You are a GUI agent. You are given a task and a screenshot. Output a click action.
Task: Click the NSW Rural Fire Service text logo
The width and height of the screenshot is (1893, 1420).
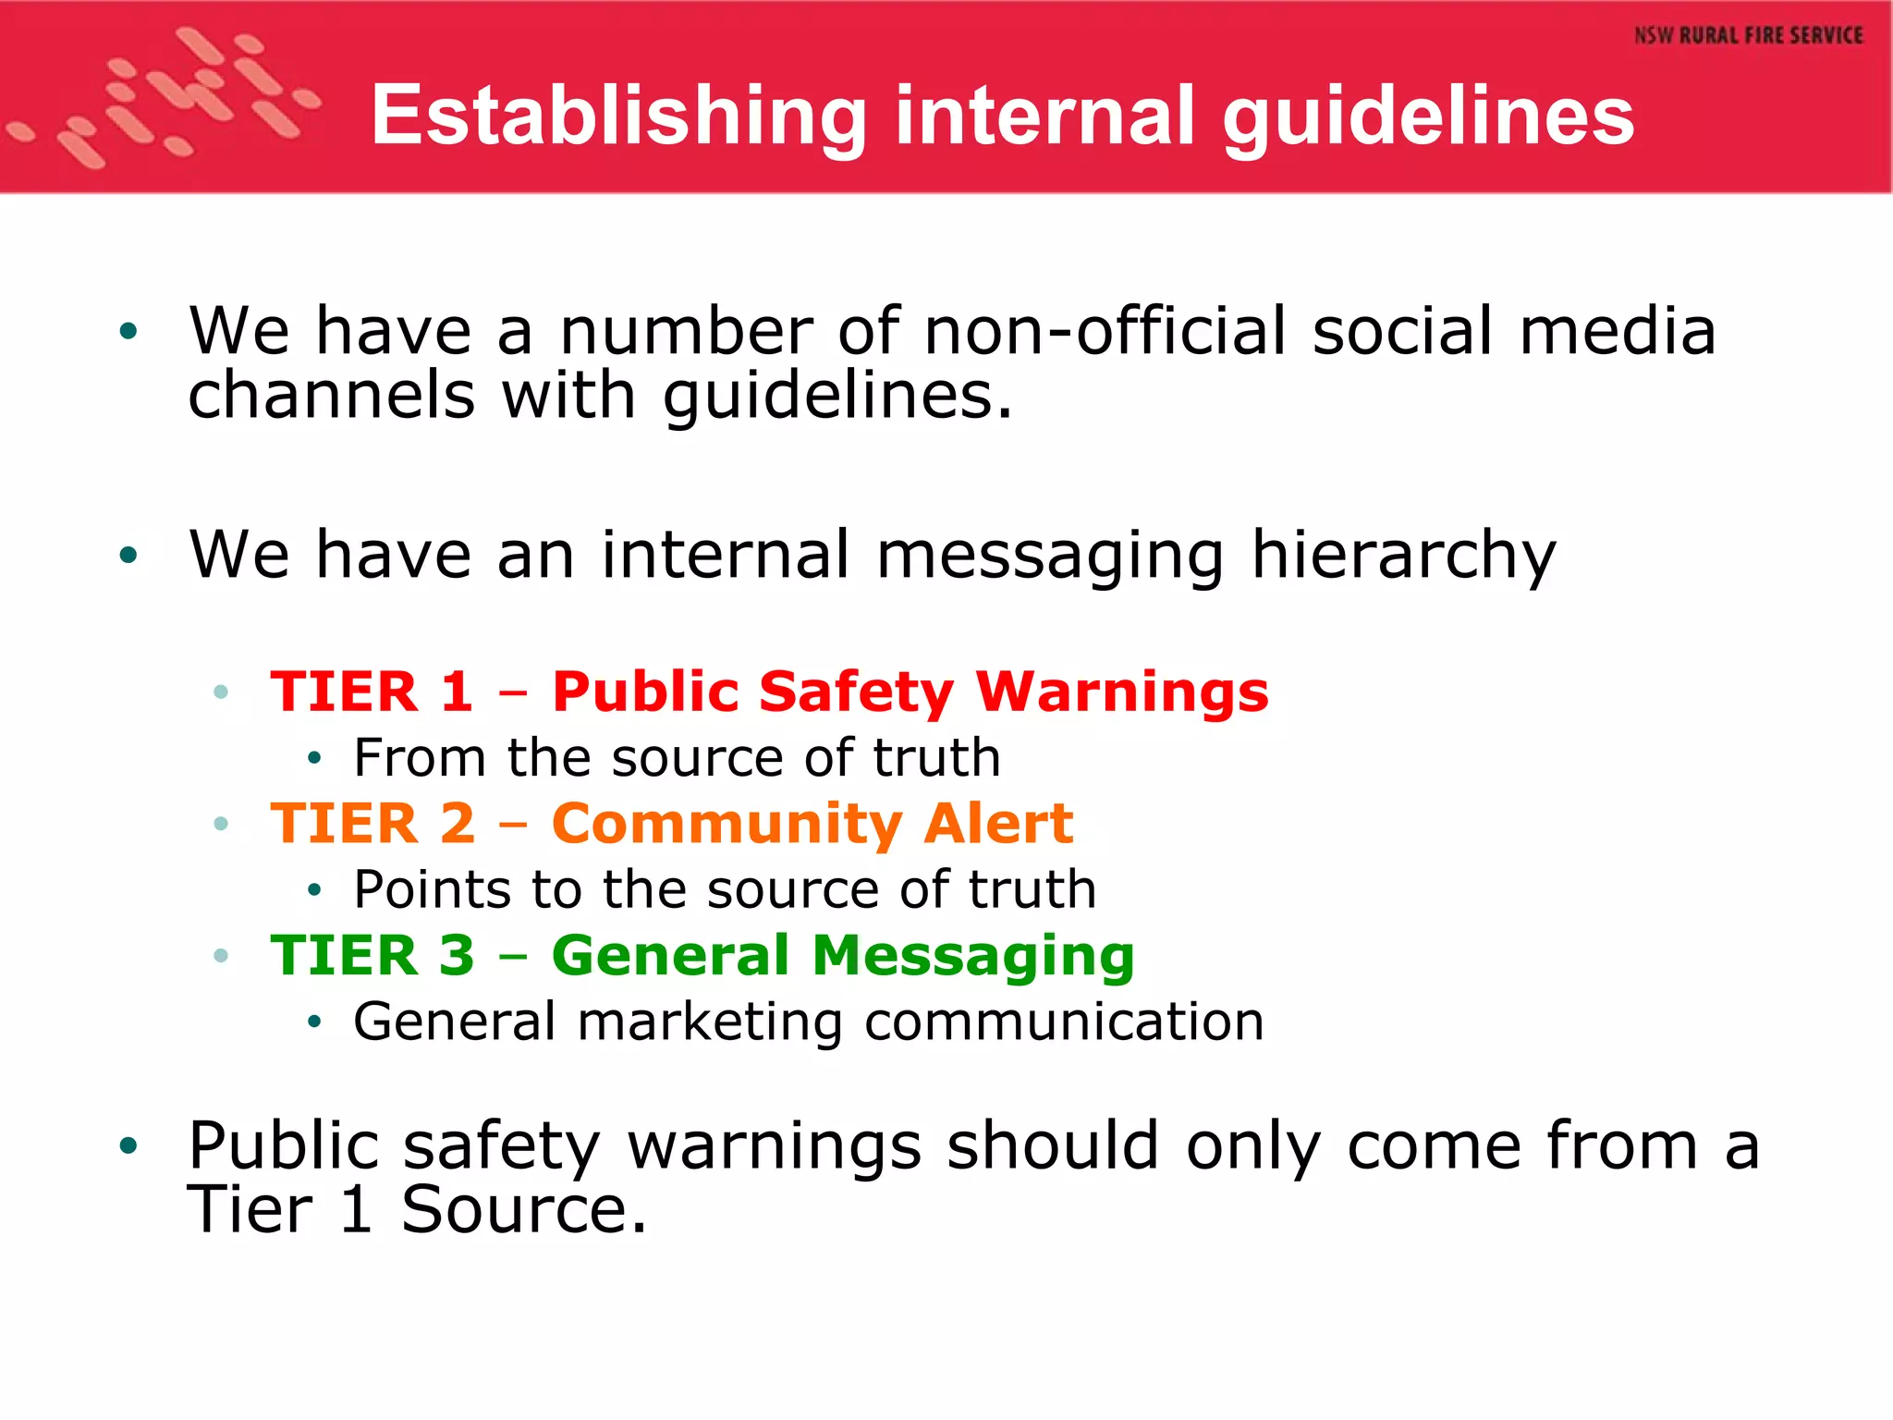coord(1748,36)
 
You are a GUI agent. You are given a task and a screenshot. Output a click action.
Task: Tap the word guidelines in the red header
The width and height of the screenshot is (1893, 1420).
coord(1428,116)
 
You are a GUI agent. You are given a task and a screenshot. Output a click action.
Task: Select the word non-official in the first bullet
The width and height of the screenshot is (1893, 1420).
coord(1105,330)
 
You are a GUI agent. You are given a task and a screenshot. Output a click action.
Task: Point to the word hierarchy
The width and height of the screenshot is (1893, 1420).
coord(1403,555)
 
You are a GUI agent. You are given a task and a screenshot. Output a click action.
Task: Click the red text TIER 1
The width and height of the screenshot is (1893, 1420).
coord(372,692)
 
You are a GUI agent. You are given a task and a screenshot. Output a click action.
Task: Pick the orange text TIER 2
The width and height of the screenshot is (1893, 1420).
coord(372,823)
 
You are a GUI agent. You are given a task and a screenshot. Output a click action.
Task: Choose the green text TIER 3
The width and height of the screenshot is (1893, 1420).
coord(372,955)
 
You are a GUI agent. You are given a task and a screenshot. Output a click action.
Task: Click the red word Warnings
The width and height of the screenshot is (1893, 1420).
coord(1122,692)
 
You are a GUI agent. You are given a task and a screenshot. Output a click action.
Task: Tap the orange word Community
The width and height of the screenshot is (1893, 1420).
coord(726,823)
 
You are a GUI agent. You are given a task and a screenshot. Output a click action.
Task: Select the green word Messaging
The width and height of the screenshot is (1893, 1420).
coord(972,957)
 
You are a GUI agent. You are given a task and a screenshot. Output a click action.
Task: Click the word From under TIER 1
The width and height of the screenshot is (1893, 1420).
coord(419,758)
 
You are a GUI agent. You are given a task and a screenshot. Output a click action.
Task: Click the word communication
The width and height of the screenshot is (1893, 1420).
coord(1064,1022)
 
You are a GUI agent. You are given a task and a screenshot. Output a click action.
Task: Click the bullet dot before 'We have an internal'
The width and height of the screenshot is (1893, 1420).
coord(128,555)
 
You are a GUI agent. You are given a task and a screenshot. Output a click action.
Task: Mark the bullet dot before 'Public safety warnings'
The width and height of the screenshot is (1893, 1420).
coord(128,1146)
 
